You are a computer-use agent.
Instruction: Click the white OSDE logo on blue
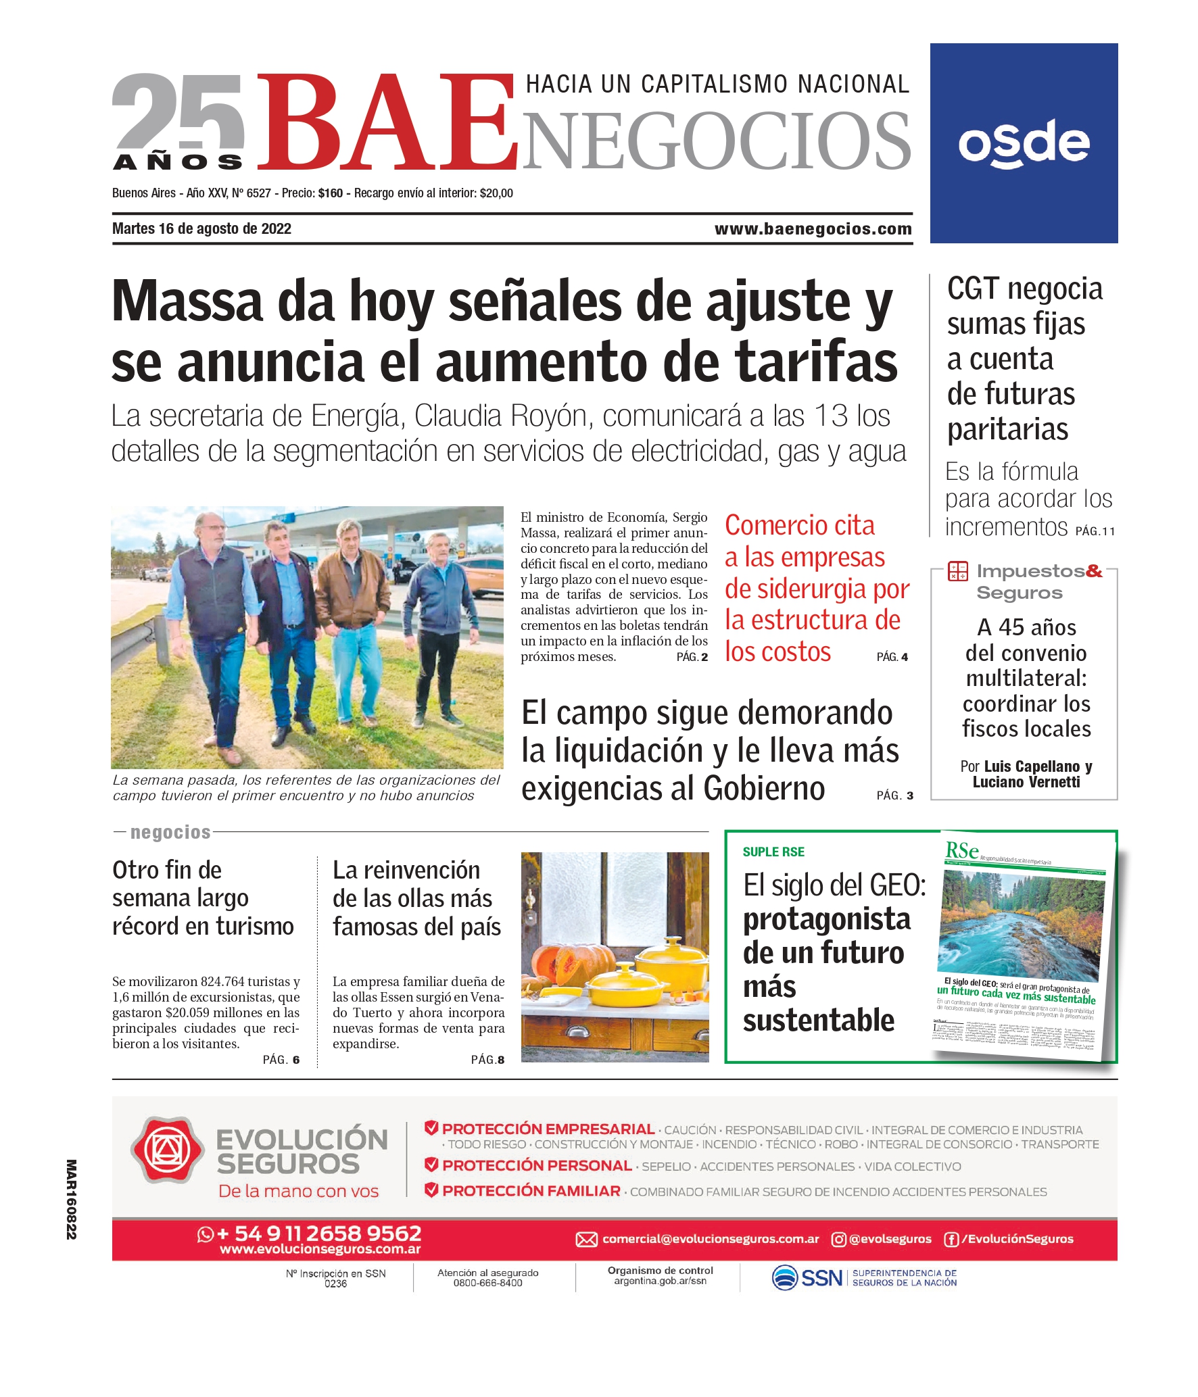pos(1024,143)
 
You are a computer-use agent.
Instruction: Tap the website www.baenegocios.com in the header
pos(813,229)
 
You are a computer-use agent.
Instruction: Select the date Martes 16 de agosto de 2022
pos(201,228)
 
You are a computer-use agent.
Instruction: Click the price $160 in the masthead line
pos(331,193)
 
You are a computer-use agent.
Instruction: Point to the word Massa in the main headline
pos(187,301)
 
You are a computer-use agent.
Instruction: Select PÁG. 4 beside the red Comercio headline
pos(892,657)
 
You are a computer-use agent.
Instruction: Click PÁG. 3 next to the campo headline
pos(894,795)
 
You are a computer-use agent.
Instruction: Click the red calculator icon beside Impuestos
pos(957,571)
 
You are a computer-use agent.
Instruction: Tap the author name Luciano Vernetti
pos(1026,782)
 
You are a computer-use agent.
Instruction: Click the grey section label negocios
pos(170,832)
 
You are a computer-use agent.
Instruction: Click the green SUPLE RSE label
pos(773,852)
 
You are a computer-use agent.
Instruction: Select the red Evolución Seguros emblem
pos(167,1150)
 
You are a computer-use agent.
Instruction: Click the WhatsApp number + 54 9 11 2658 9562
pos(318,1233)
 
